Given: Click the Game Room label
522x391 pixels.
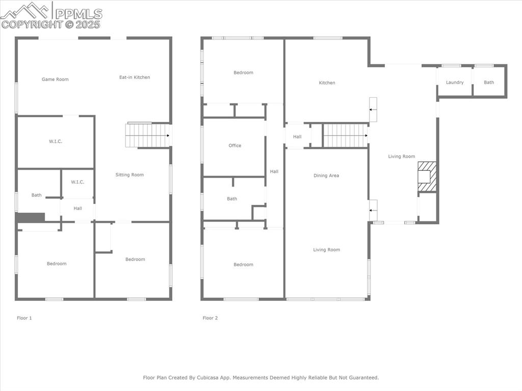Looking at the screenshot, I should point(55,80).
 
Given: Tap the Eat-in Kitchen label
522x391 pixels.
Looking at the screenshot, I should point(135,77).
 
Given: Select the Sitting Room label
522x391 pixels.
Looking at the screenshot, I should point(129,175).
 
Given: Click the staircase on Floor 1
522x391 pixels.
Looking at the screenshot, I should point(147,136).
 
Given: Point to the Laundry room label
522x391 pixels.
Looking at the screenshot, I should point(455,83).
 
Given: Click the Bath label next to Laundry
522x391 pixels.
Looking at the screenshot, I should point(489,83).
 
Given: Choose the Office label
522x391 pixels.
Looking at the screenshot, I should point(234,146).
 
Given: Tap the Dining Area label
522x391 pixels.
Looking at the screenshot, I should point(326,176).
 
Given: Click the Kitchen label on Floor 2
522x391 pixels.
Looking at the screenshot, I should point(327,83).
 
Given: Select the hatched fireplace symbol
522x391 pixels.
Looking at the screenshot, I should point(427,177).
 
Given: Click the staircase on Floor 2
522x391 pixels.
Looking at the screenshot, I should point(346,136).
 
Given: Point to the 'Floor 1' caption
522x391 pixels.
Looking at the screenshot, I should point(24,318).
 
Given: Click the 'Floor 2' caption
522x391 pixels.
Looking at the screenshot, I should point(210,318).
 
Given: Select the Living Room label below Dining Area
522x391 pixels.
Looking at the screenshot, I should point(326,250).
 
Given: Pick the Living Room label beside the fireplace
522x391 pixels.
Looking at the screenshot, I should point(402,157).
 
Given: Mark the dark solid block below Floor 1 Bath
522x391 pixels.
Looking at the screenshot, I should point(31,218).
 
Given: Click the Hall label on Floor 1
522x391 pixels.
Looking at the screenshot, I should point(77,208).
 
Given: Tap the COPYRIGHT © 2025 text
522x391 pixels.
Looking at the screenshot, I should point(51,24).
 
